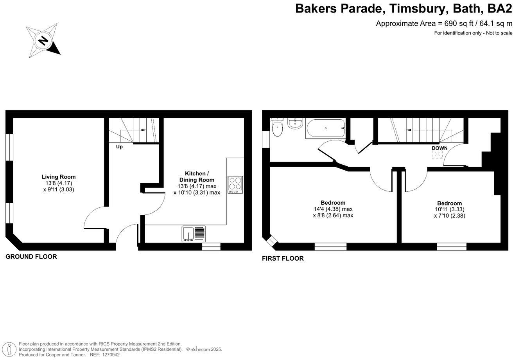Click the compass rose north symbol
pos(43,40)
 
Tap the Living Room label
pos(59,177)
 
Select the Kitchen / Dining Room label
pos(197,176)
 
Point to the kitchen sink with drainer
pos(194,234)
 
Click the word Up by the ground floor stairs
pos(119,147)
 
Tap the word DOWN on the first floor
pos(439,148)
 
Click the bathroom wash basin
pos(294,123)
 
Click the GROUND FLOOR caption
pos(31,257)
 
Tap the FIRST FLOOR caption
pos(283,258)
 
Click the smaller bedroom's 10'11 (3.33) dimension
pos(449,209)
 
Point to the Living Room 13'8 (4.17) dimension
pos(59,183)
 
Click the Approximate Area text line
pos(444,23)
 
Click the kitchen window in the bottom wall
pos(211,247)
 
